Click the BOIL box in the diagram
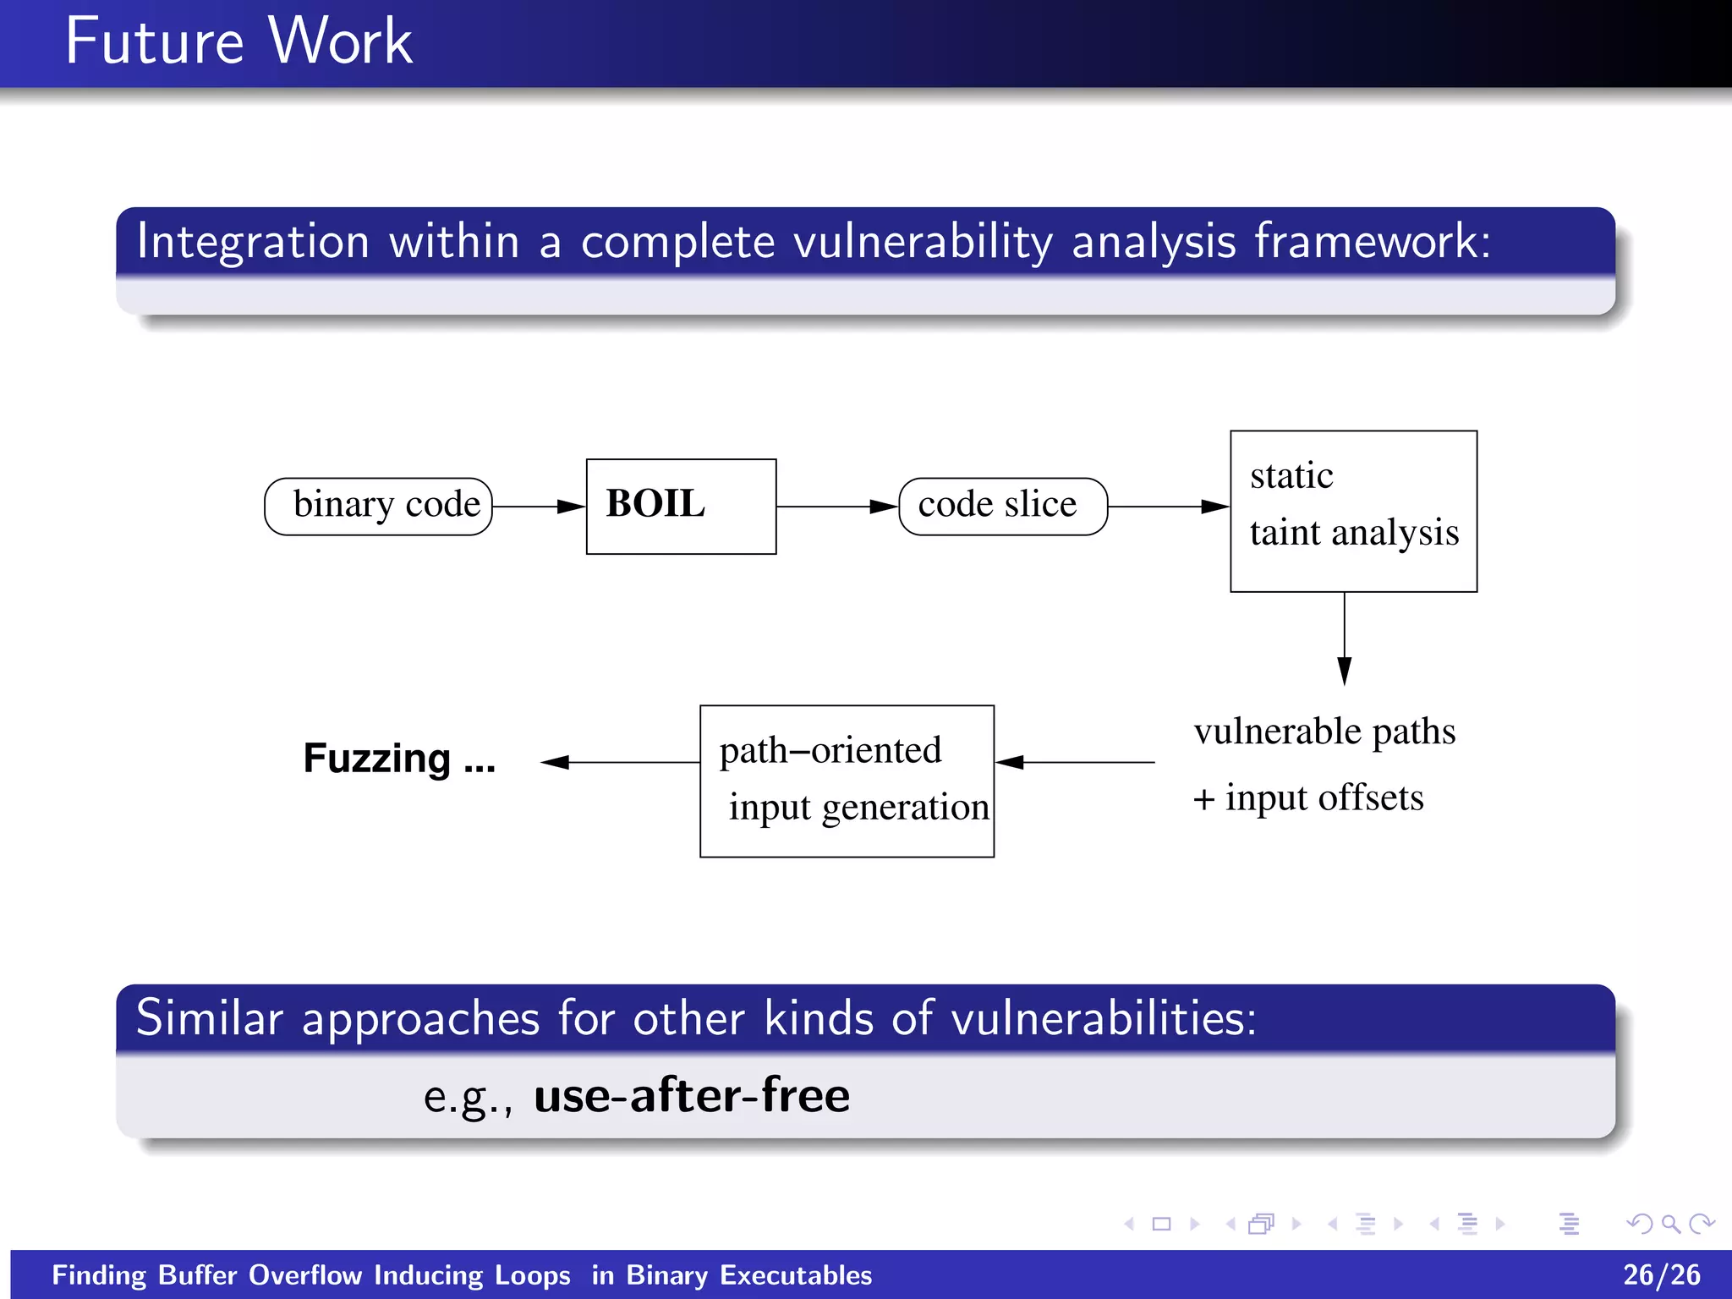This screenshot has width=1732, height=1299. (681, 506)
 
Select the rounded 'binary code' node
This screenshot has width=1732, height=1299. (378, 506)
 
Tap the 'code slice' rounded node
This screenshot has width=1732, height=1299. (1002, 506)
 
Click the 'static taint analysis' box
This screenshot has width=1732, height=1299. (1352, 511)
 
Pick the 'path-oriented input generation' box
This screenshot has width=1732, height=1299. (847, 781)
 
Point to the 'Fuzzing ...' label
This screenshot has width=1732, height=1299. (399, 759)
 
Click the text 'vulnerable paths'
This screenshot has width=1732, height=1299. (1324, 732)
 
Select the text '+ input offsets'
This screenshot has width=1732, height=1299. (1307, 797)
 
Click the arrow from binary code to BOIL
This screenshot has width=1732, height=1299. (539, 507)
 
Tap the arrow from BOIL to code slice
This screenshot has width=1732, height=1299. (836, 507)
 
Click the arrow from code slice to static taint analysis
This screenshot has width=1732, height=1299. (1168, 507)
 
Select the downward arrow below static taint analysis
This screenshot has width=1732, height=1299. (1344, 639)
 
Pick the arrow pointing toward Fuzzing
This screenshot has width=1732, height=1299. (620, 762)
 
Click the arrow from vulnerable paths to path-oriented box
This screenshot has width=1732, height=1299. (1075, 762)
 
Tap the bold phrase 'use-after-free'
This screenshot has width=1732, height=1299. (691, 1095)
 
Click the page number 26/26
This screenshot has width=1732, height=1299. (1661, 1274)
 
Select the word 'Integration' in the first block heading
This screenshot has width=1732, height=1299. (253, 241)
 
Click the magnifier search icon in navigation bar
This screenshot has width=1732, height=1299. (1669, 1224)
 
